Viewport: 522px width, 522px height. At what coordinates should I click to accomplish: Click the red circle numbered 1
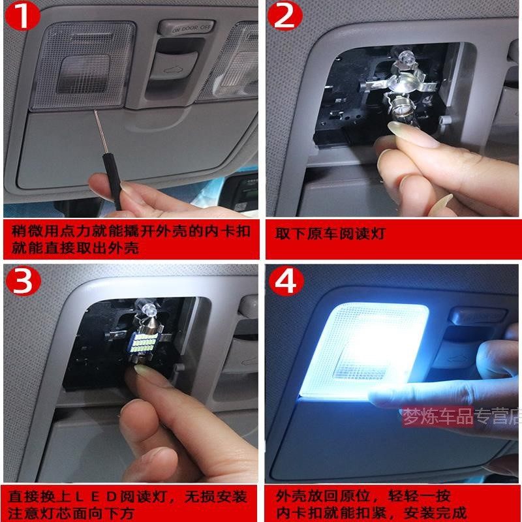click(x=23, y=15)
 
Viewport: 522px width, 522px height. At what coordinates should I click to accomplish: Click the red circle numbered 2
click(x=285, y=15)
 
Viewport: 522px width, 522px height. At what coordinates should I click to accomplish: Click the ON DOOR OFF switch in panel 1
click(x=187, y=28)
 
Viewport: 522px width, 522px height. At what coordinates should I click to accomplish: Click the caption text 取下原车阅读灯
click(x=330, y=234)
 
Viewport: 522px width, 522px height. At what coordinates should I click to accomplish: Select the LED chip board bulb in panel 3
click(x=146, y=343)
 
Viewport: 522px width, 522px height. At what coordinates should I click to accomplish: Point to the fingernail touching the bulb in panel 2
click(x=413, y=134)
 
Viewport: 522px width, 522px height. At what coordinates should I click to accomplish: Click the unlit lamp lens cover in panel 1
click(x=83, y=65)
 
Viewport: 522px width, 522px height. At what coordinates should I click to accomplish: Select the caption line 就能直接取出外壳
click(x=75, y=248)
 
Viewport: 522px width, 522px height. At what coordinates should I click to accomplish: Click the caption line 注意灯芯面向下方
click(x=70, y=513)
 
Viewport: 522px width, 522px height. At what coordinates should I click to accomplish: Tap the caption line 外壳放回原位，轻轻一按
click(x=363, y=496)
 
